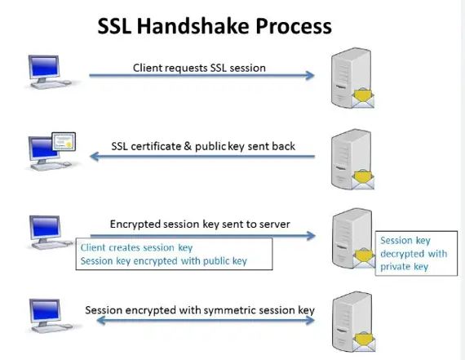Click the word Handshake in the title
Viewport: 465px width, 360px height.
[x=193, y=26]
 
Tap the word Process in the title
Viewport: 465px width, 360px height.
[x=294, y=26]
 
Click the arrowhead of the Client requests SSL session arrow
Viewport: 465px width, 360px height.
[x=310, y=75]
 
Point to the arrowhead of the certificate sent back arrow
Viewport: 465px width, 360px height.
[x=95, y=156]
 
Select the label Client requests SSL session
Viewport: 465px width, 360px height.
[x=199, y=68]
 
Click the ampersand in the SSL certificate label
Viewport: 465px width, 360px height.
[x=188, y=146]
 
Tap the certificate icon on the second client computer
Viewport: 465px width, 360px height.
[x=64, y=141]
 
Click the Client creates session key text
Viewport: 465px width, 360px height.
[x=137, y=247]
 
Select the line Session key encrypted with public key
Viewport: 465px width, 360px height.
[x=164, y=261]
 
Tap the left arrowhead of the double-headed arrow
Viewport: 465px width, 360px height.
[x=101, y=320]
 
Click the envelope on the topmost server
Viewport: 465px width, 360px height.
[x=363, y=98]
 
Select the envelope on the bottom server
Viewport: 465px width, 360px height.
[x=364, y=342]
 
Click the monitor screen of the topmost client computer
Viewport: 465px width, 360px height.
[x=44, y=67]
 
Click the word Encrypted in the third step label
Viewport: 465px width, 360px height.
[x=132, y=224]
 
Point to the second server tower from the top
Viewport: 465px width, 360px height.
[x=351, y=158]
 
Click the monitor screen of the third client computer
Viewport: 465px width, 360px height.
[x=46, y=227]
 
